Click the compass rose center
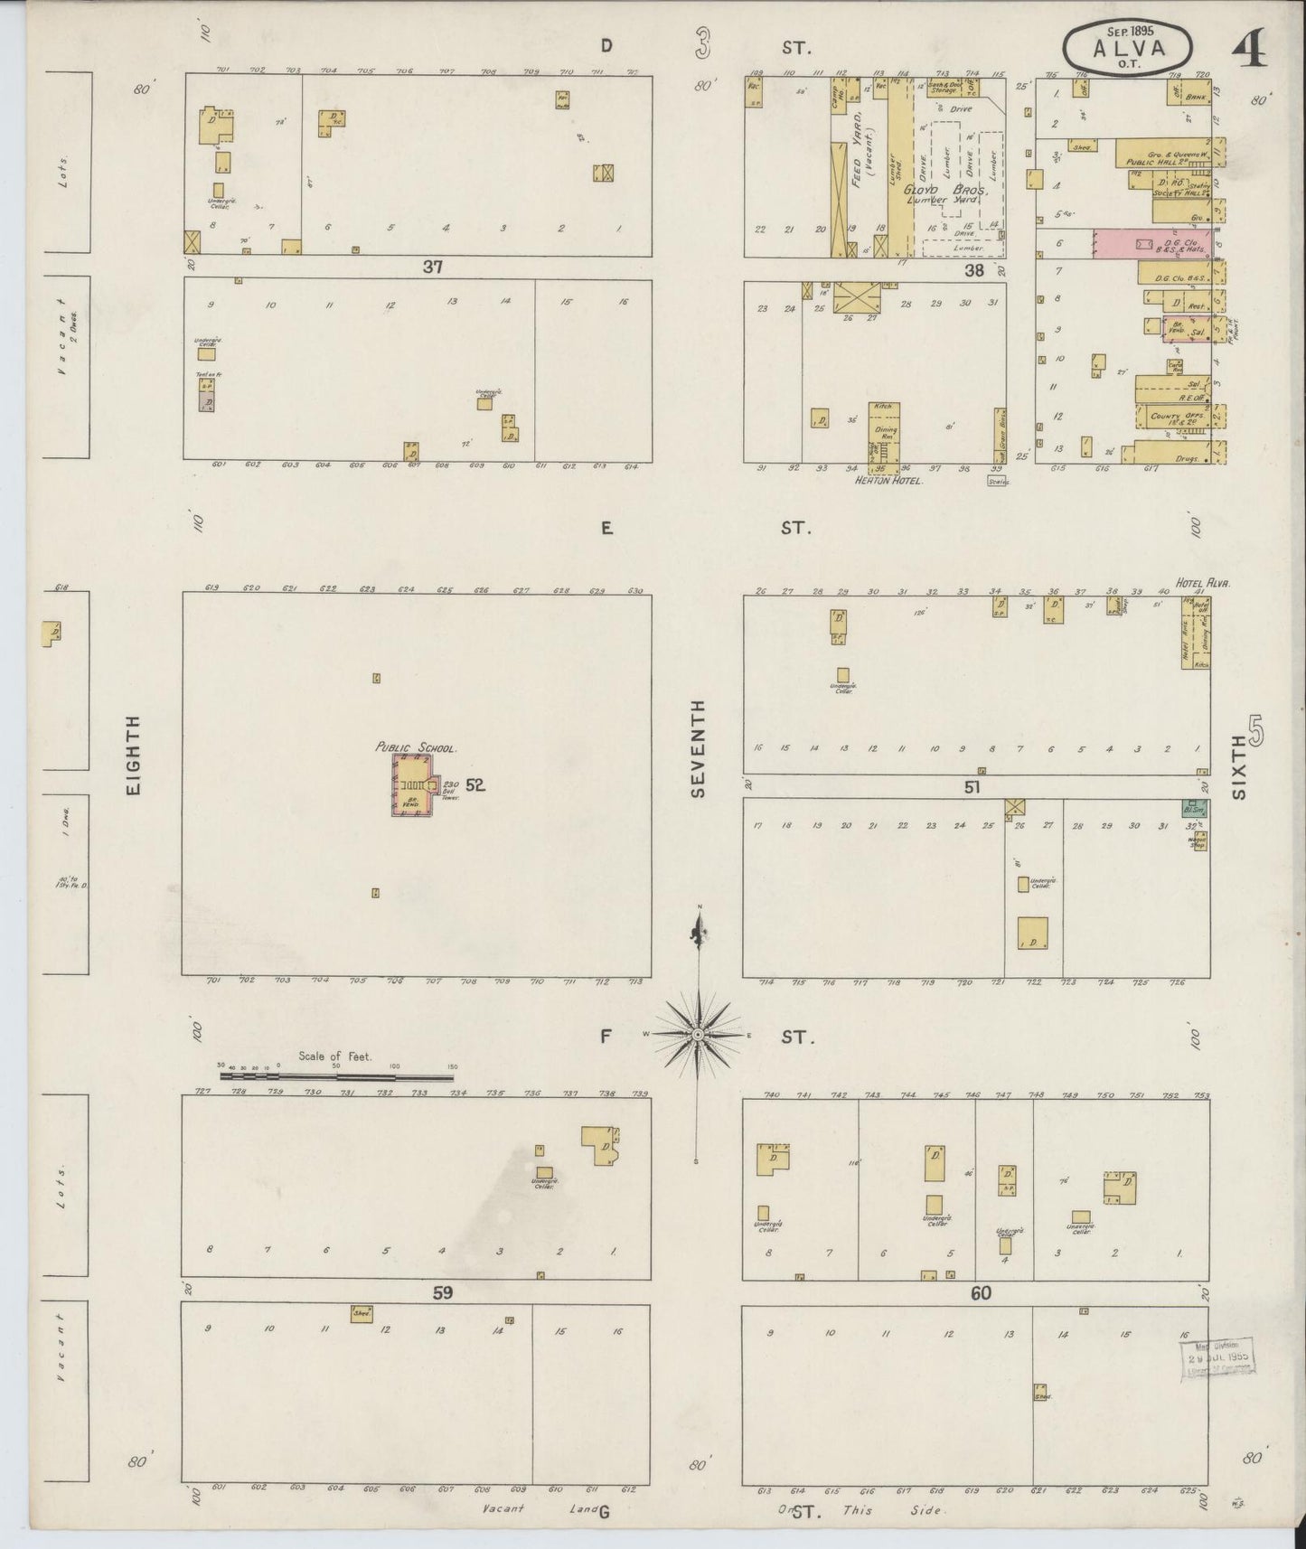[x=698, y=1032]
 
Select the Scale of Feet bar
[x=337, y=1076]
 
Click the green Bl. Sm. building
[x=1196, y=810]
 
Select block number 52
[x=475, y=785]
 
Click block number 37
[x=433, y=267]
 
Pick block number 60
[x=981, y=1293]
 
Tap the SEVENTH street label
[x=697, y=750]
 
